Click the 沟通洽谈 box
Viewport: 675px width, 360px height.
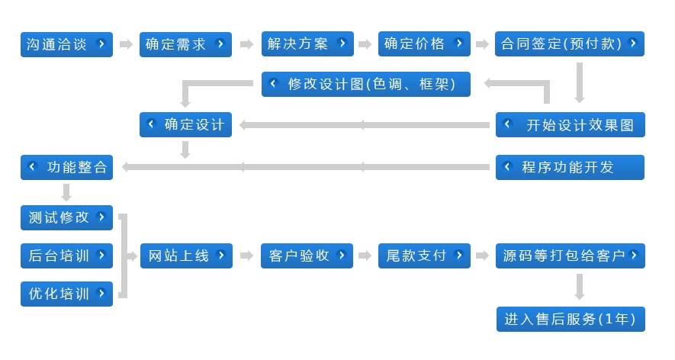[66, 44]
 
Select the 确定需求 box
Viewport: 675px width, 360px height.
[185, 44]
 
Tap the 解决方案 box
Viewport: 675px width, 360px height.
[307, 44]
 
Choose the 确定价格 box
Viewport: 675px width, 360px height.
[423, 44]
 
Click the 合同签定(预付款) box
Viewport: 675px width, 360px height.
[570, 44]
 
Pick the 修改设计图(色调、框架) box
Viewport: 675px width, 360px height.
[366, 85]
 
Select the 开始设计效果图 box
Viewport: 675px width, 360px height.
[571, 125]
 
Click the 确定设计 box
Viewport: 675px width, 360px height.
[185, 125]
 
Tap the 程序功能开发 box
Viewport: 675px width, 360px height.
[570, 167]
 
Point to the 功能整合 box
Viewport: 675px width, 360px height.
[66, 167]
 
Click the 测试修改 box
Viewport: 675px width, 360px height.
[66, 217]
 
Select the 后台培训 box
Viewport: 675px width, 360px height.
[66, 256]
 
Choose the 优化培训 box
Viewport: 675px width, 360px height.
[66, 294]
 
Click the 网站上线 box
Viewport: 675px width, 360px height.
[186, 256]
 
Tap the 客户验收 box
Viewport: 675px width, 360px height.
[307, 256]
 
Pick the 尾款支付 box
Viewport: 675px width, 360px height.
[423, 256]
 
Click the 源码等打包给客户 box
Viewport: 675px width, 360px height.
[571, 256]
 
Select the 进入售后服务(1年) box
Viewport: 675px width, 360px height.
[571, 319]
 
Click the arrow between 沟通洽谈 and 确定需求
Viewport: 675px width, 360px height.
[126, 45]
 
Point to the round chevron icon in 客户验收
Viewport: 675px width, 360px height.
[341, 255]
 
